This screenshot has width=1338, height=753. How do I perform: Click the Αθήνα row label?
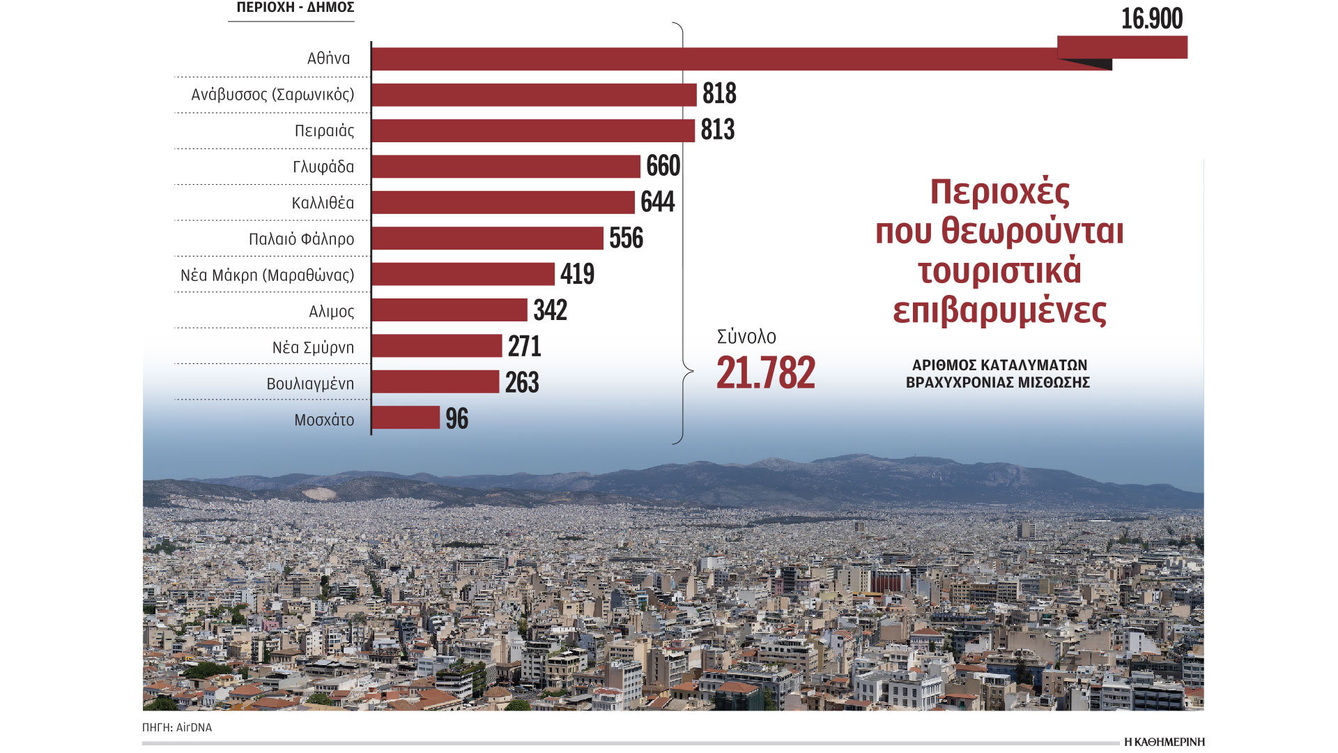(x=328, y=59)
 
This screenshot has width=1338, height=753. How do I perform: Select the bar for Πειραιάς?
(x=533, y=130)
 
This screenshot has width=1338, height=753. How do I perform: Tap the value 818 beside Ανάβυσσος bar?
(x=719, y=93)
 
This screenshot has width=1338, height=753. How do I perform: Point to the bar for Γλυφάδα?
(x=506, y=167)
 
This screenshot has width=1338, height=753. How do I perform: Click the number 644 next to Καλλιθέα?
(x=658, y=202)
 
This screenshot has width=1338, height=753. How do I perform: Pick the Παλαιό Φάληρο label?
(x=301, y=239)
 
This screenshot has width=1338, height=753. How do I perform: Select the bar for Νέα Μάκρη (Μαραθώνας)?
(x=463, y=274)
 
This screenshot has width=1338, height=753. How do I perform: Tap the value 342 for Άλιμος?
(x=551, y=310)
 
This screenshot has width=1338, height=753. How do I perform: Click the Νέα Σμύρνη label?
(x=313, y=347)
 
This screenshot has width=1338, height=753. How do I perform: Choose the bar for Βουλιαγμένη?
(x=436, y=382)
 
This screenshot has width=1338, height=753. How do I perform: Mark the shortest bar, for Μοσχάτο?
(x=406, y=418)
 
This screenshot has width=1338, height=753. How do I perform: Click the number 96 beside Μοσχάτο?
(x=457, y=418)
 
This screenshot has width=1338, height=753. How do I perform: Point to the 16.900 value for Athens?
(x=1151, y=19)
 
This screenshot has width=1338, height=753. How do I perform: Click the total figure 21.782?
(x=766, y=372)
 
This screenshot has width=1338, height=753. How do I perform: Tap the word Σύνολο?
(x=746, y=337)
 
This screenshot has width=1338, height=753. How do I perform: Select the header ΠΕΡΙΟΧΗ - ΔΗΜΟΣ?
(x=295, y=8)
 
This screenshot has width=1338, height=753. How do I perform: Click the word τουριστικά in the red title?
(x=999, y=271)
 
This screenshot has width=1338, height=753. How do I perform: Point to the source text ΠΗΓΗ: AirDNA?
(x=177, y=727)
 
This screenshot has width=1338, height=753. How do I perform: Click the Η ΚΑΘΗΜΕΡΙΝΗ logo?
(x=1164, y=742)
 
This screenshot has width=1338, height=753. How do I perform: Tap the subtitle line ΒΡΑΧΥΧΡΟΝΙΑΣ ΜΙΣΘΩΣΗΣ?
(x=998, y=383)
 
